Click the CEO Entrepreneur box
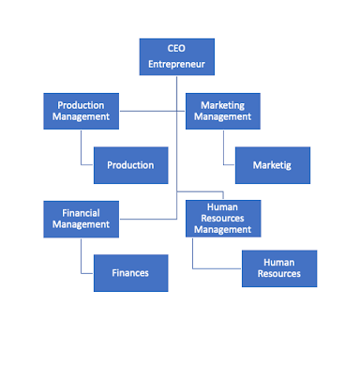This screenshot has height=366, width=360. click(x=176, y=56)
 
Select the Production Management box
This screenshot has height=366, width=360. click(x=81, y=112)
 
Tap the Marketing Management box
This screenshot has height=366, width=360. click(x=222, y=112)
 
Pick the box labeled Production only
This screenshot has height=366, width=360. click(x=130, y=165)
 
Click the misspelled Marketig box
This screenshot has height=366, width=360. click(x=272, y=165)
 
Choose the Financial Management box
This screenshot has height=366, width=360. click(x=81, y=219)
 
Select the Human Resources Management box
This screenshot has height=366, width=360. click(x=222, y=219)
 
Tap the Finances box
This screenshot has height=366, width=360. click(x=130, y=273)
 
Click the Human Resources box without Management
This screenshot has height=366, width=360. click(x=279, y=267)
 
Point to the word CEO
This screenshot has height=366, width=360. click(x=176, y=49)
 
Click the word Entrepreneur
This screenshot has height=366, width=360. click(x=176, y=65)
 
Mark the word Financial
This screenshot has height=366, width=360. click(x=81, y=212)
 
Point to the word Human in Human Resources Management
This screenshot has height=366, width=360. click(x=222, y=206)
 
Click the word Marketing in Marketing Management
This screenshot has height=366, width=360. click(x=222, y=105)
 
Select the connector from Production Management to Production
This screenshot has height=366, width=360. click(x=81, y=150)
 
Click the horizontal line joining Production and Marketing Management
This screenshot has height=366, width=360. click(x=150, y=112)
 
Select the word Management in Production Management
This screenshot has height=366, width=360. click(x=81, y=118)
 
